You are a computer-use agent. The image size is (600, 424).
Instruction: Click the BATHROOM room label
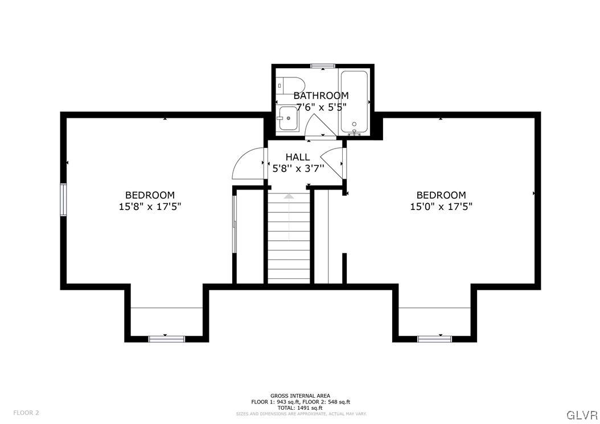click(x=321, y=96)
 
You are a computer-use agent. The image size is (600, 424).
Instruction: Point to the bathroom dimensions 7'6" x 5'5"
click(x=321, y=106)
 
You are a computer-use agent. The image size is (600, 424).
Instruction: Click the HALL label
click(x=298, y=157)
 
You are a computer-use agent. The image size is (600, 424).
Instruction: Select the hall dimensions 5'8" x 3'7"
click(x=298, y=168)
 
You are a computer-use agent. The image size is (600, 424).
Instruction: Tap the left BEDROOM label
click(x=150, y=195)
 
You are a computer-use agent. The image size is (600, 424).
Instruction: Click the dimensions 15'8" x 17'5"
click(x=150, y=207)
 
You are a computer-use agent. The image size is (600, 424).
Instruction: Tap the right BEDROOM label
click(x=441, y=195)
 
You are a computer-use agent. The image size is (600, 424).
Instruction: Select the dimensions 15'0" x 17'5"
click(x=441, y=207)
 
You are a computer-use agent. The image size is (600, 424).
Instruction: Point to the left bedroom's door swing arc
click(x=245, y=164)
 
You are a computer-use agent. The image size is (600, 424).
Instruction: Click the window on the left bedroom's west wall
click(x=64, y=200)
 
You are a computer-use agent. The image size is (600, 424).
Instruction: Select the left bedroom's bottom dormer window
click(x=166, y=339)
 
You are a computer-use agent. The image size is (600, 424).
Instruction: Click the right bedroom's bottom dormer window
click(x=434, y=339)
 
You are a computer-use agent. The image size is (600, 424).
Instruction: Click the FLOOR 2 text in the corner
click(x=26, y=413)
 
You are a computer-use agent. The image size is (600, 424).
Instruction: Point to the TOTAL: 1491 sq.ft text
click(x=300, y=407)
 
